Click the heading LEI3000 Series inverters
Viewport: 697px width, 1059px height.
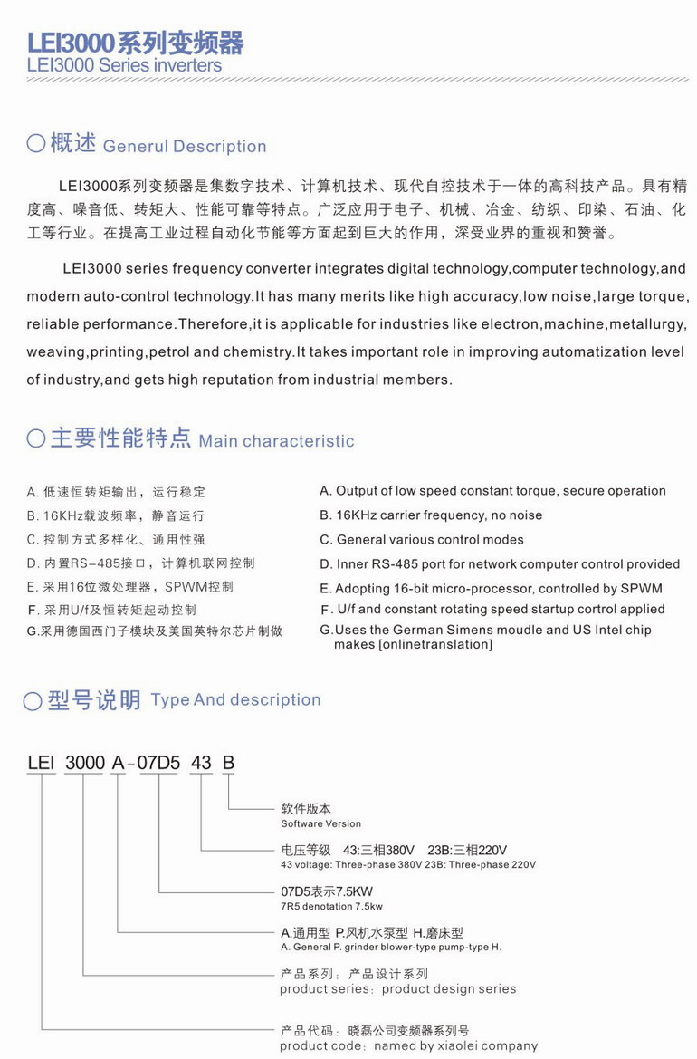124,66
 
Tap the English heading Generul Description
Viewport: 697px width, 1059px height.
185,147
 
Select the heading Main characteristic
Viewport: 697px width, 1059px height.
276,441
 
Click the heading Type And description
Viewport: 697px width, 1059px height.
235,699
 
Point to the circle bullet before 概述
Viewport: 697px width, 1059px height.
36,145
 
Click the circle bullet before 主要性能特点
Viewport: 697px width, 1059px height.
36,440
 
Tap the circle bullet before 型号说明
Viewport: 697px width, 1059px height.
33,700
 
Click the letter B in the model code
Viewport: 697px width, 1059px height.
228,763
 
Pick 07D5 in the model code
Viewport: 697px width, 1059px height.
159,763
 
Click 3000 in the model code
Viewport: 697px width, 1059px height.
85,763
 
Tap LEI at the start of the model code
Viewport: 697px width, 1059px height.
42,763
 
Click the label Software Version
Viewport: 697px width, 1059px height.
320,823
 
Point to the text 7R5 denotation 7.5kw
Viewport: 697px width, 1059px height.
331,906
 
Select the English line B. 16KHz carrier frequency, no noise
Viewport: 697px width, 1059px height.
431,515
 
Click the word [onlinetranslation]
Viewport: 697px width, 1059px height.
413,644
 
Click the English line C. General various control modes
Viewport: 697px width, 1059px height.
422,540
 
